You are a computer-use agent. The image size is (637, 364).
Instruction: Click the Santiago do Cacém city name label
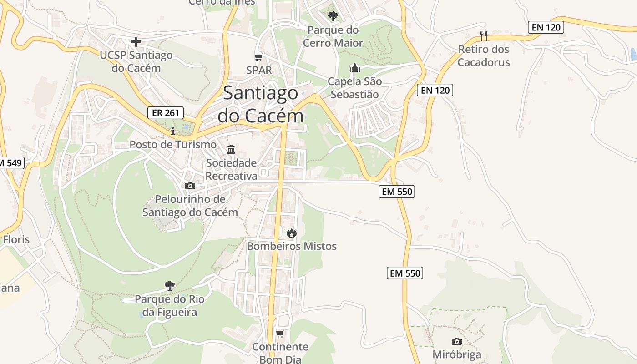click(260, 104)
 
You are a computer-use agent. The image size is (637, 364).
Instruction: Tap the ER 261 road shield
click(166, 113)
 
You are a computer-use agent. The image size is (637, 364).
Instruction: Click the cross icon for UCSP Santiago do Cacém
click(136, 42)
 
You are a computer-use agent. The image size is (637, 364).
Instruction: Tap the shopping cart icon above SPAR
click(258, 57)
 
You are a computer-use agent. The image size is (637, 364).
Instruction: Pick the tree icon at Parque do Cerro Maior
click(333, 16)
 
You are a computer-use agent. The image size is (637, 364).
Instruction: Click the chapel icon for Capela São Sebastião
click(354, 68)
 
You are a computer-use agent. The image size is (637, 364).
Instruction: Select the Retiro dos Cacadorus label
click(483, 56)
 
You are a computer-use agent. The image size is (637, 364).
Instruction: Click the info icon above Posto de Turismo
click(172, 131)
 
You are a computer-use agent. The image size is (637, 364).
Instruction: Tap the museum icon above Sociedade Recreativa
click(231, 149)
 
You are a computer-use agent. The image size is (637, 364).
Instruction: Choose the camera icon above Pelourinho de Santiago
click(190, 186)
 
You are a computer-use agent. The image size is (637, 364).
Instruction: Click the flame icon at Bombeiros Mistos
click(291, 233)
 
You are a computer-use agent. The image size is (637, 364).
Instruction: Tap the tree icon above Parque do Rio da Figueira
click(169, 286)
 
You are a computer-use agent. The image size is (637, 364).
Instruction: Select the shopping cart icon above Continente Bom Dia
click(280, 334)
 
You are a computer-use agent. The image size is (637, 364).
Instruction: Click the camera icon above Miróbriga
click(456, 341)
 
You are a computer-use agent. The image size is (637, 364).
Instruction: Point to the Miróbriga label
click(456, 354)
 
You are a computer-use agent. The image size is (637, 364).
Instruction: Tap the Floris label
click(16, 239)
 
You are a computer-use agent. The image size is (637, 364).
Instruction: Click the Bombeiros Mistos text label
click(291, 246)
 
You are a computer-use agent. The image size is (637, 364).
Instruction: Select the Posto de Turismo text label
click(173, 144)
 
